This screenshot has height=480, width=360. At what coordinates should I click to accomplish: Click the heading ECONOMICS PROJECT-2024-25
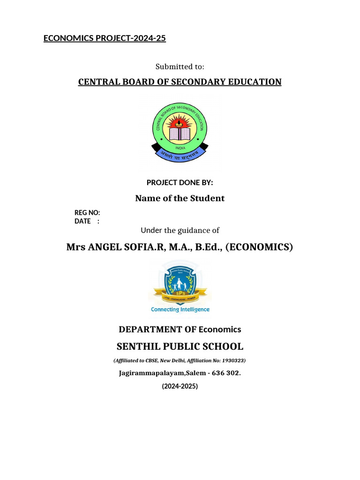tap(105, 38)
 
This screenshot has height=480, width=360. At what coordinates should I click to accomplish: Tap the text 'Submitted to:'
tap(180, 67)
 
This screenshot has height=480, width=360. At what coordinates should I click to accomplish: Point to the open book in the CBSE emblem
tap(180, 135)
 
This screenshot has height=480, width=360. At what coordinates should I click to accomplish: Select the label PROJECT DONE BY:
tap(180, 182)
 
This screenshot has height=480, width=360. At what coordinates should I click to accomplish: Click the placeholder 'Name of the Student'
tap(180, 198)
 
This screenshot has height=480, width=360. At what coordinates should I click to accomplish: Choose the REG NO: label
tap(87, 213)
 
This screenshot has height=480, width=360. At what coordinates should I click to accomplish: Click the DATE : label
tap(87, 221)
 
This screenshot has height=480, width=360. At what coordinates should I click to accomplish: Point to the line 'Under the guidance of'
tap(180, 230)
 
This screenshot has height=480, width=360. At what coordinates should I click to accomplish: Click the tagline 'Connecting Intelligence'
tap(180, 309)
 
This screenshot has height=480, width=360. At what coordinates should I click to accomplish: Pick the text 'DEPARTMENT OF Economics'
tap(180, 330)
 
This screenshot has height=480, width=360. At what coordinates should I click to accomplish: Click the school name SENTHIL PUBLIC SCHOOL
tap(180, 347)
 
